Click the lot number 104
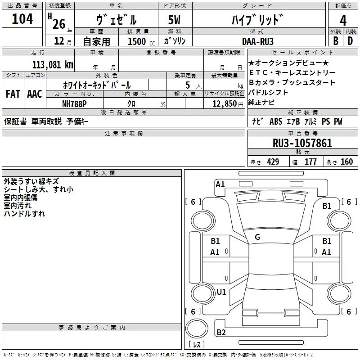pos(22,19)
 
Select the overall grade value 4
pos(343,21)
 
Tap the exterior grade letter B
pos(336,41)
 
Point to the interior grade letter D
pos(350,41)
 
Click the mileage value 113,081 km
pos(53,65)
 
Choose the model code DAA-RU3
pos(258,41)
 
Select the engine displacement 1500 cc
pos(141,41)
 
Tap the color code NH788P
pos(74,104)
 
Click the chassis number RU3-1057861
pos(302,143)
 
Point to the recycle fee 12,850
pos(225,104)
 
